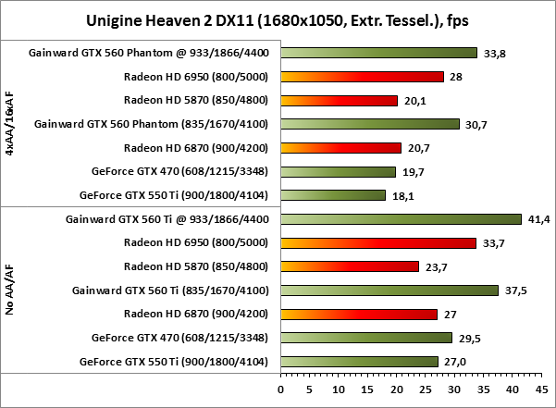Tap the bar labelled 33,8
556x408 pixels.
pyautogui.click(x=378, y=53)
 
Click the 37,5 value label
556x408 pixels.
pyautogui.click(x=516, y=291)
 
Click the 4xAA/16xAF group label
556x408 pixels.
pyautogui.click(x=9, y=124)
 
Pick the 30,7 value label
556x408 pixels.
pyautogui.click(x=476, y=124)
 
